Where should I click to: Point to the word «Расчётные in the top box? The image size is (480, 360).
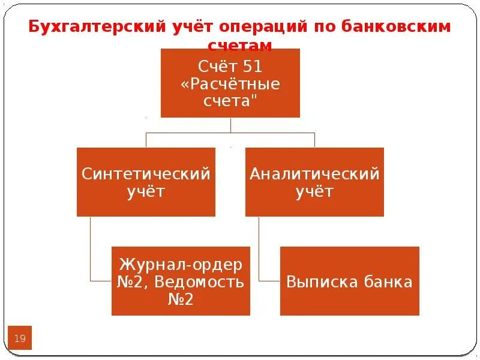230,83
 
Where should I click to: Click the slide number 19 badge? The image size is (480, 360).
20,339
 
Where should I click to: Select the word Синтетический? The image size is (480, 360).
146,175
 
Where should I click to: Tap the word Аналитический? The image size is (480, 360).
314,175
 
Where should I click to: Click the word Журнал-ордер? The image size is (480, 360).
181,264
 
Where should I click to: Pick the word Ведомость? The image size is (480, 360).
201,281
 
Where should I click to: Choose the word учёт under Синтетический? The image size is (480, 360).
146,192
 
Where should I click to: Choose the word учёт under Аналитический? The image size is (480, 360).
314,192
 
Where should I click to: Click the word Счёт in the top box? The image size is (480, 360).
216,66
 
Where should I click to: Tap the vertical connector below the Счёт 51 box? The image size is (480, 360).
230,125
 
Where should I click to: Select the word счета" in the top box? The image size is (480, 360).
230,101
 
